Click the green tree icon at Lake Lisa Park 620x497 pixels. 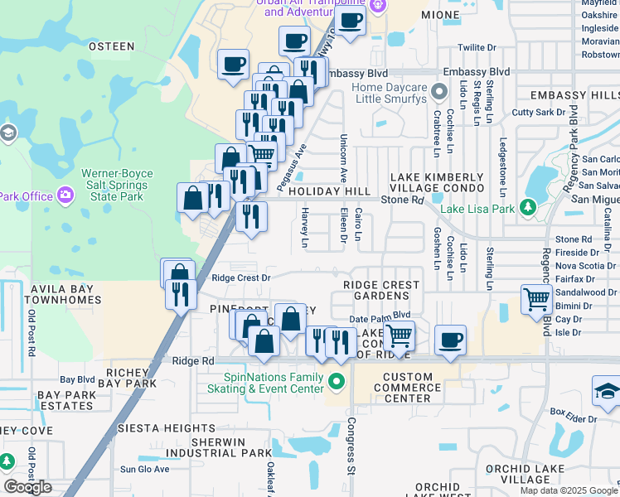click(527, 208)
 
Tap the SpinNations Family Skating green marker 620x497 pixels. click(336, 382)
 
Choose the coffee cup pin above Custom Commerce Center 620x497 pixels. click(450, 340)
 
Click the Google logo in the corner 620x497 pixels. click(27, 487)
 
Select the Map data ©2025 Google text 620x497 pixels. click(569, 490)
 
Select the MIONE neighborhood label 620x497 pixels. click(440, 15)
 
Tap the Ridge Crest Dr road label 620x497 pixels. click(241, 278)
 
